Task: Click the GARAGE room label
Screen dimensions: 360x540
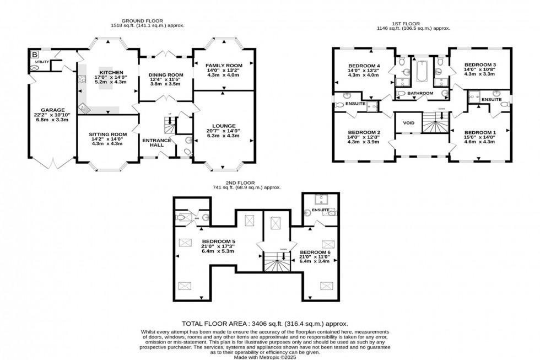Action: [48, 110]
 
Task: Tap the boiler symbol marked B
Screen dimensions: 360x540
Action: [35, 55]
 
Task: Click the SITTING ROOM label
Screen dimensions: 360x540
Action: [107, 134]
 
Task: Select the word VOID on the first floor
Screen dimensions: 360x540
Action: [408, 123]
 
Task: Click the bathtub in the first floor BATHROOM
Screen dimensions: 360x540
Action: [422, 71]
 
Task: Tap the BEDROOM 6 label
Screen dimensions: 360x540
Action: [314, 252]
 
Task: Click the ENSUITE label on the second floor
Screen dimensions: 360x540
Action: [320, 209]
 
